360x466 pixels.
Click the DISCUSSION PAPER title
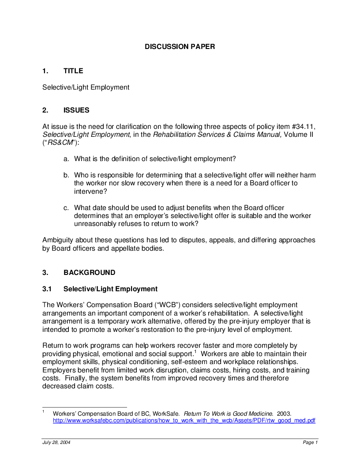(x=180, y=46)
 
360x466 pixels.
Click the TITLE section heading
(x=73, y=71)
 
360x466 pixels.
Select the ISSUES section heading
(x=76, y=110)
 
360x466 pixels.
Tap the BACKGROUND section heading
(x=90, y=273)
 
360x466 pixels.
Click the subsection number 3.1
(x=47, y=289)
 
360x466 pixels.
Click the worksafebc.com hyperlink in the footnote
(x=184, y=421)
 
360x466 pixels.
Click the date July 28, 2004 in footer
(x=56, y=443)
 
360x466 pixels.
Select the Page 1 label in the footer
(x=310, y=443)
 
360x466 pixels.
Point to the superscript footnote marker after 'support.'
(x=195, y=352)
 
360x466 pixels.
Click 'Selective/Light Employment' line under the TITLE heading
(x=86, y=87)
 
